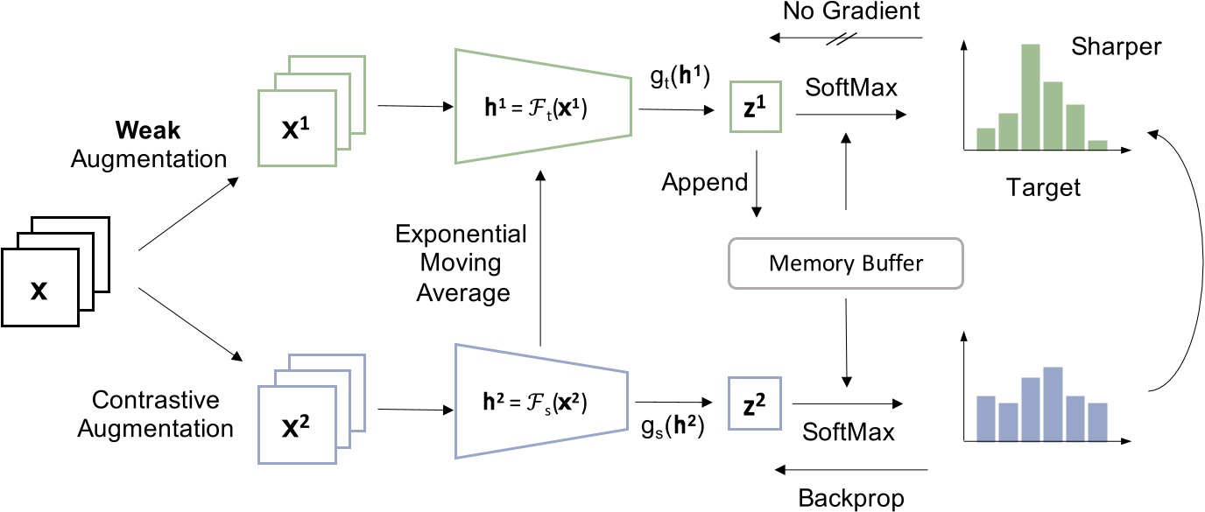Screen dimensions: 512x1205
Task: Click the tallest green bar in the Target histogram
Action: coord(1031,99)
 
